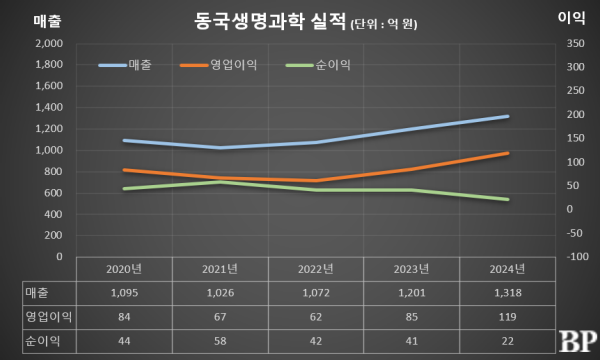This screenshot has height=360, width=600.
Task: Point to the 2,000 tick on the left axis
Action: [48, 44]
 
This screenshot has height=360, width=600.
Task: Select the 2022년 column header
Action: [317, 269]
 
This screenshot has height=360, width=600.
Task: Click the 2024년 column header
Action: [507, 269]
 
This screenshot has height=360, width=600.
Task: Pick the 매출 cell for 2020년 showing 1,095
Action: [126, 293]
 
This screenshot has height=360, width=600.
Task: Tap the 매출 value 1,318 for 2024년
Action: [507, 293]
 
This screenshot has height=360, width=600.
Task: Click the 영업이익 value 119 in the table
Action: [507, 317]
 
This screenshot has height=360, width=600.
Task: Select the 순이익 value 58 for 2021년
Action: [221, 341]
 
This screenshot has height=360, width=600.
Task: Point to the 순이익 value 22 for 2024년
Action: [507, 341]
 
